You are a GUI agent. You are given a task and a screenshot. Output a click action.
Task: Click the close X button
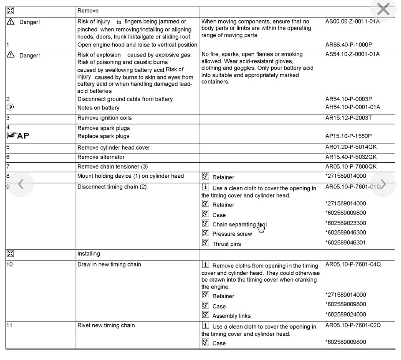(383, 9)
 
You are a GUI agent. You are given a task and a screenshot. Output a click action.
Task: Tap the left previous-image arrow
(20, 184)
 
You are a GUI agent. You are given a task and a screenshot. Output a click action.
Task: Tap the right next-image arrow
(383, 184)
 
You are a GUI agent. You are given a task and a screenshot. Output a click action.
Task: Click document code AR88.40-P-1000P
(349, 45)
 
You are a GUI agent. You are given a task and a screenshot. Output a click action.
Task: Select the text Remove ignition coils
(104, 118)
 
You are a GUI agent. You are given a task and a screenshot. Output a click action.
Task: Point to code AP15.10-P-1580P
(349, 136)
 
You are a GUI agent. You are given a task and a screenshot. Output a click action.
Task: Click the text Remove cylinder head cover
(113, 148)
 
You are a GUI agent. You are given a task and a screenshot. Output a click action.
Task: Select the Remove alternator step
(101, 157)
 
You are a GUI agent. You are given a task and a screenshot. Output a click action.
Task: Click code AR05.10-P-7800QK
(351, 167)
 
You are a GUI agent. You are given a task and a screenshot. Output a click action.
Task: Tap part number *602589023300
(345, 223)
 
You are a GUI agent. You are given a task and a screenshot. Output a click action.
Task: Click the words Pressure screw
(232, 234)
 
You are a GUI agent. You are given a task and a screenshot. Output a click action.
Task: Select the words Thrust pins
(226, 244)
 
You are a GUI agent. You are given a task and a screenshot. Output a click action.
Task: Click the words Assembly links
(231, 316)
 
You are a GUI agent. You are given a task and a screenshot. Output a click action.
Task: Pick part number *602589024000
(345, 315)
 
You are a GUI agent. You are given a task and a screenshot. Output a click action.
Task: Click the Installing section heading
(89, 254)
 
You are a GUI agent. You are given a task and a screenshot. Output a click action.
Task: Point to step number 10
(9, 264)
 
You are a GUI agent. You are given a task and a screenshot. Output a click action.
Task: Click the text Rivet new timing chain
(106, 326)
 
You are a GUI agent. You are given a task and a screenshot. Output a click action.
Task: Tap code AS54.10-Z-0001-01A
(352, 54)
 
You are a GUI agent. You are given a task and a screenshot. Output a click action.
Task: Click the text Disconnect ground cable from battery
(125, 99)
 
